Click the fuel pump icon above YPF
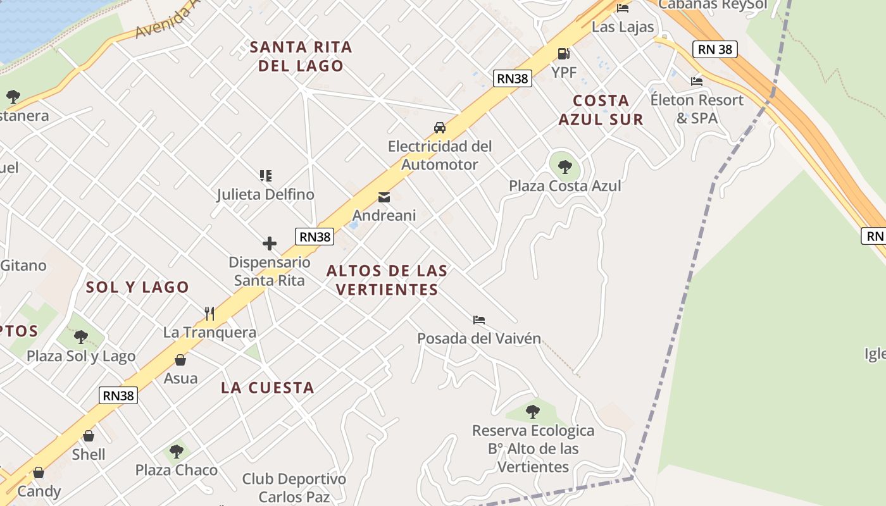563,54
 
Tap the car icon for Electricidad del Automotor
439,128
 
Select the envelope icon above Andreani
384,197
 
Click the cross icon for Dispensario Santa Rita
270,244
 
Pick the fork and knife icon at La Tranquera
209,313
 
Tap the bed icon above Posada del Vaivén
479,320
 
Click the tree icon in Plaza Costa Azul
565,167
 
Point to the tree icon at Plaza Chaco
177,452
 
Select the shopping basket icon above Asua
180,360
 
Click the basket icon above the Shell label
89,436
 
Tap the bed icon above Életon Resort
697,82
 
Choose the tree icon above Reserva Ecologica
533,412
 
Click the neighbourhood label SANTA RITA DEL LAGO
301,56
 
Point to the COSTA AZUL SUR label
601,110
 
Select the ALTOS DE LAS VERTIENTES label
387,280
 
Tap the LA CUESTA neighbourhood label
267,388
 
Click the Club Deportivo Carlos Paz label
294,488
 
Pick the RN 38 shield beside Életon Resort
715,49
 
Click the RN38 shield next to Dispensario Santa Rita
315,237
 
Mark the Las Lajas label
622,27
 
